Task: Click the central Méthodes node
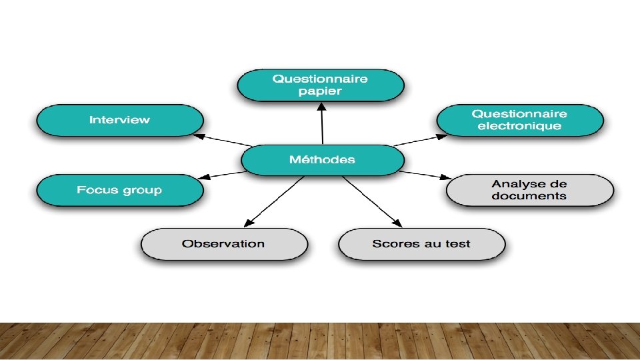322,160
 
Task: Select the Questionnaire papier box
321,85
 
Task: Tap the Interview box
120,121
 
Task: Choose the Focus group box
120,191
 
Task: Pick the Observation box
224,244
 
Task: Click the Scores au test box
421,244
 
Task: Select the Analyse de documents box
529,190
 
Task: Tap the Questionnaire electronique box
520,121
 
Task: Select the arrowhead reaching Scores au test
398,224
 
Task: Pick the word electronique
520,127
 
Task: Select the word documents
529,196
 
